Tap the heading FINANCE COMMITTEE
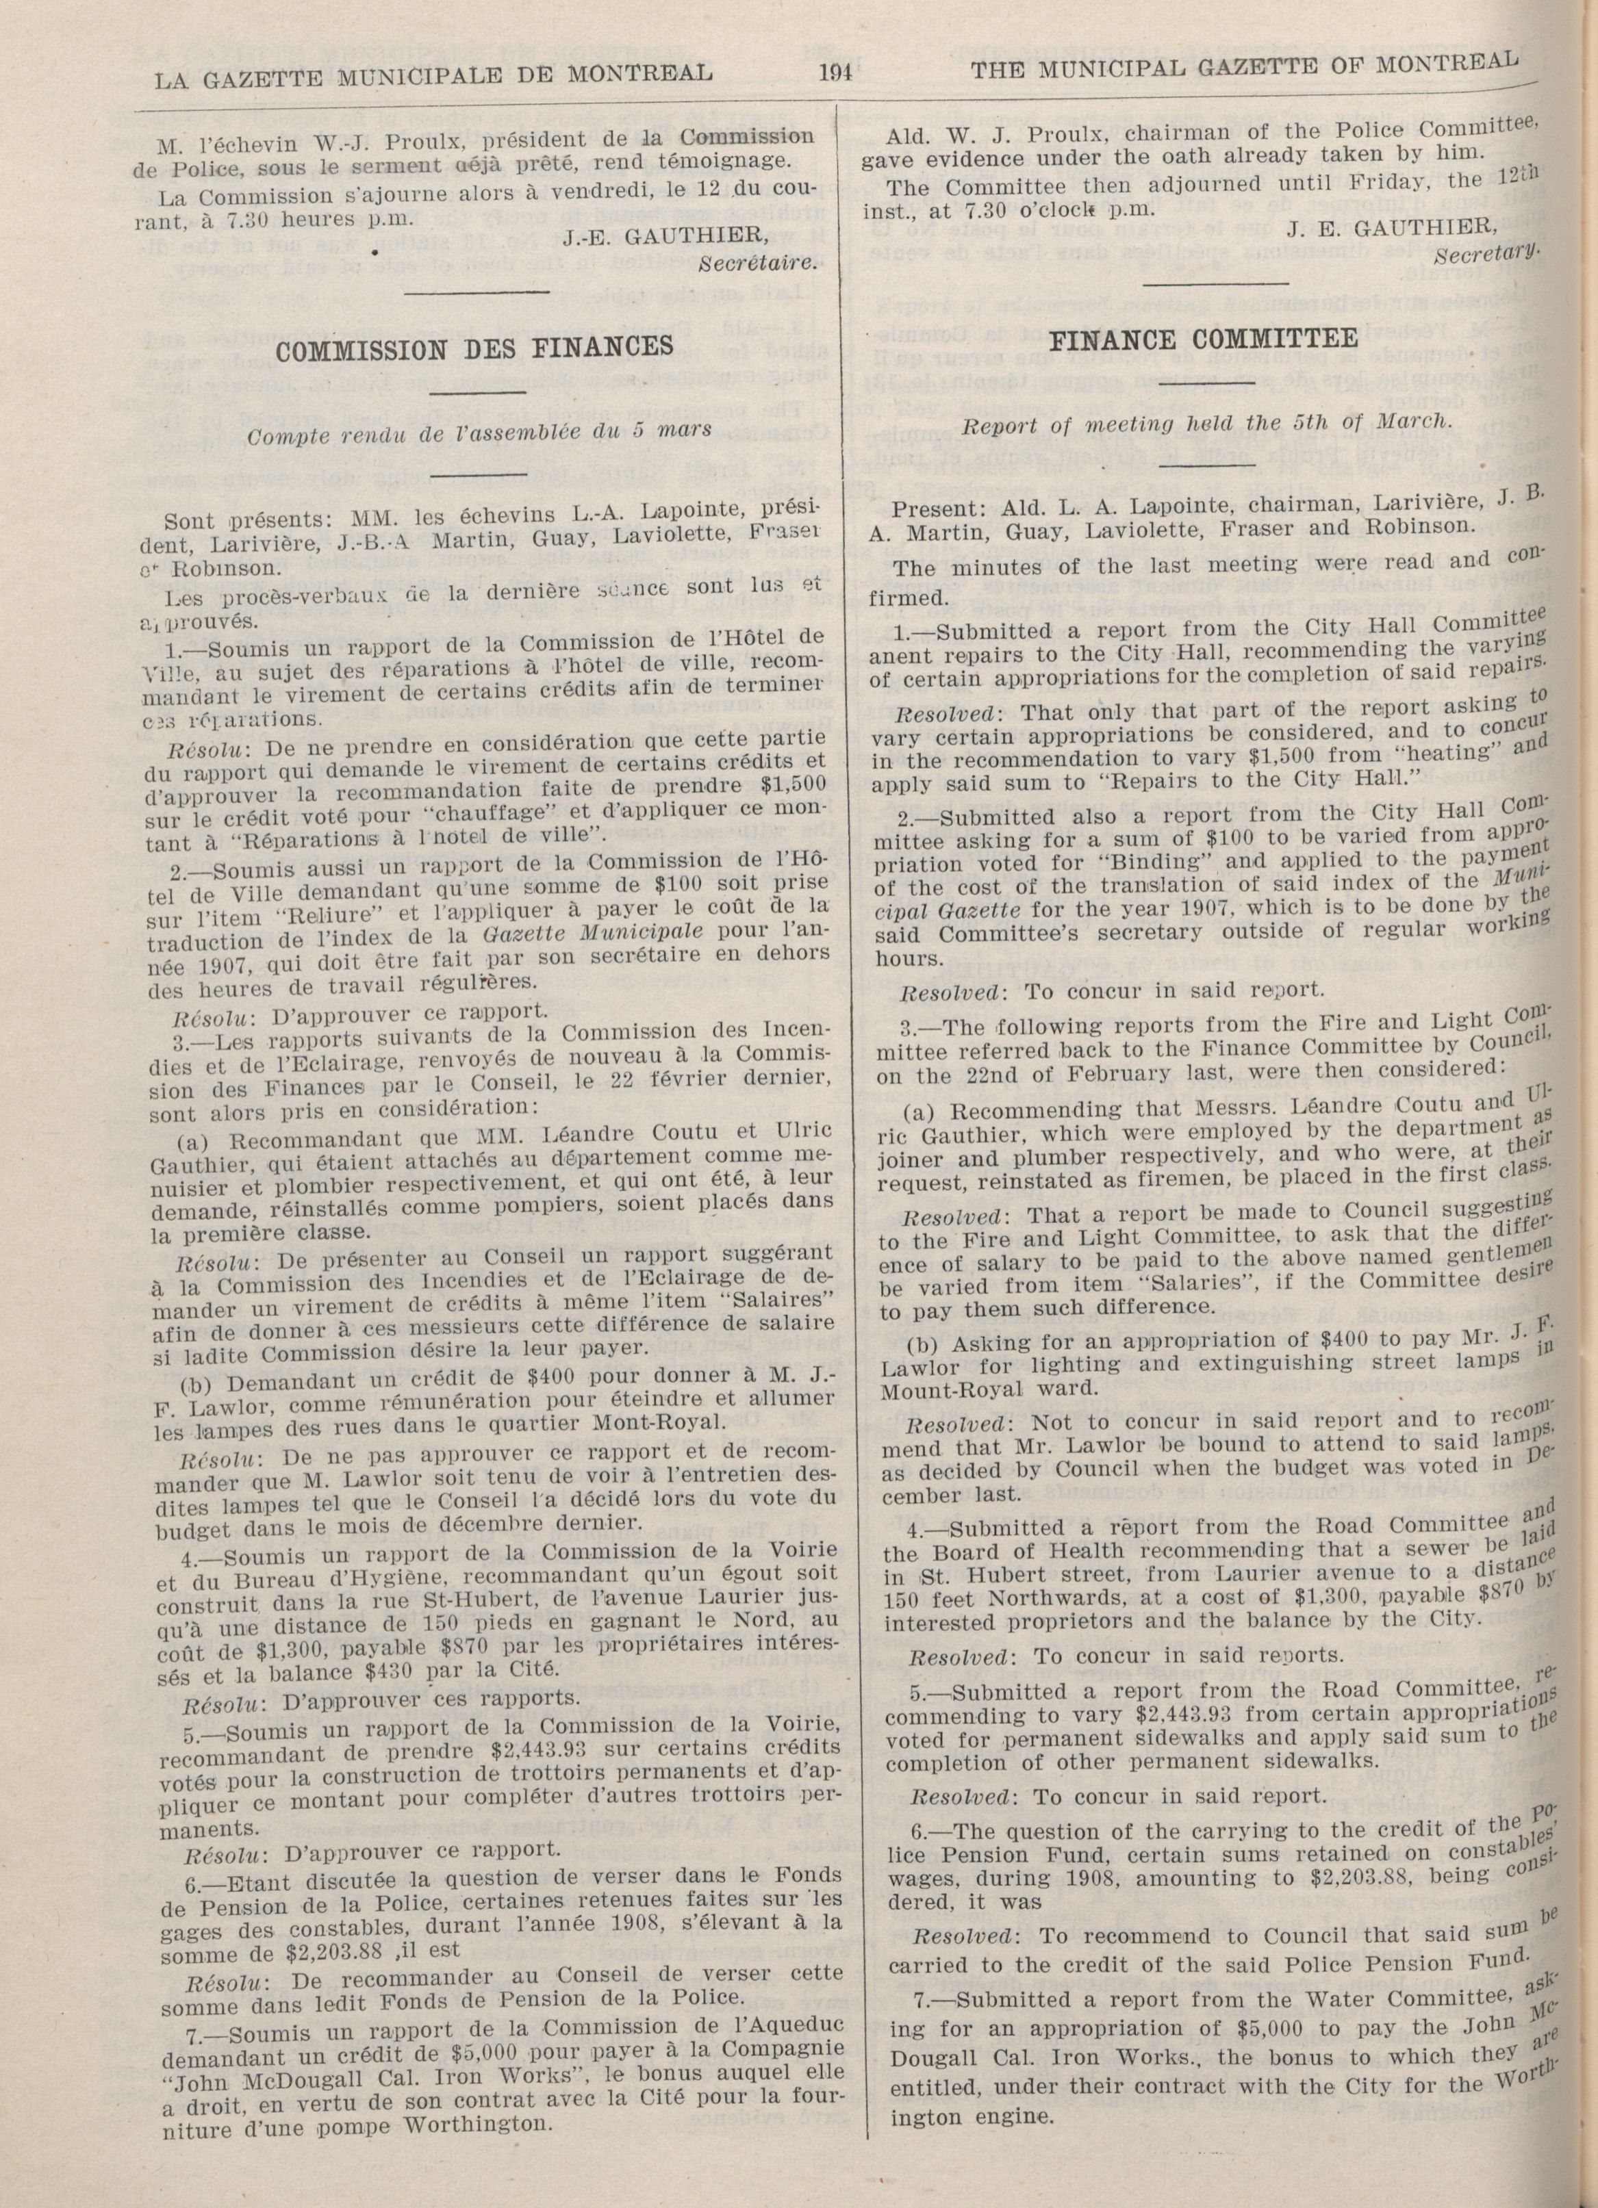point(1206,338)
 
